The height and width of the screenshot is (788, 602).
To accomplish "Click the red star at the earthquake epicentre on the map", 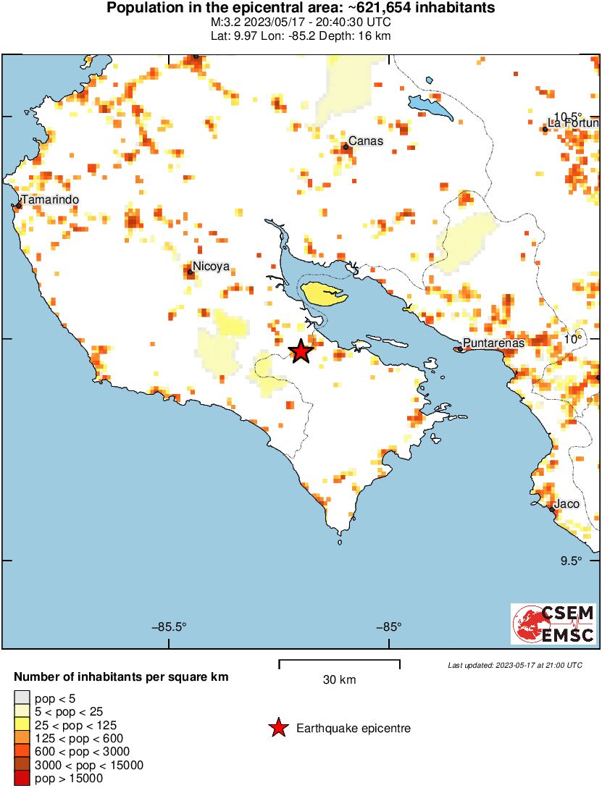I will [300, 351].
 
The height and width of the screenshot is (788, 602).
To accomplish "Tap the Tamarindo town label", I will [49, 200].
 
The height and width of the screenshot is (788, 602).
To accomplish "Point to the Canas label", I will [364, 141].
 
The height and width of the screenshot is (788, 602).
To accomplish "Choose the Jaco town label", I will [567, 504].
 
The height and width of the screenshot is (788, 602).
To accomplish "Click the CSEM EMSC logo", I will [553, 624].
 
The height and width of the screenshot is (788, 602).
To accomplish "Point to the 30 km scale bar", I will [339, 662].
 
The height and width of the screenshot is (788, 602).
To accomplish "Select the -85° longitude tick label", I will [388, 627].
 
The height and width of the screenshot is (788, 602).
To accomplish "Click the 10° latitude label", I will [573, 339].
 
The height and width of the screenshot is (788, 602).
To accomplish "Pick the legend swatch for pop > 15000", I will [22, 779].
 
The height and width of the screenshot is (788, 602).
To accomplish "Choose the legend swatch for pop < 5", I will [22, 698].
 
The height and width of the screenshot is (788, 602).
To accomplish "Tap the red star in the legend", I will [277, 729].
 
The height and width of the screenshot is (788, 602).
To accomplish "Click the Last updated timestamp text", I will [514, 665].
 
